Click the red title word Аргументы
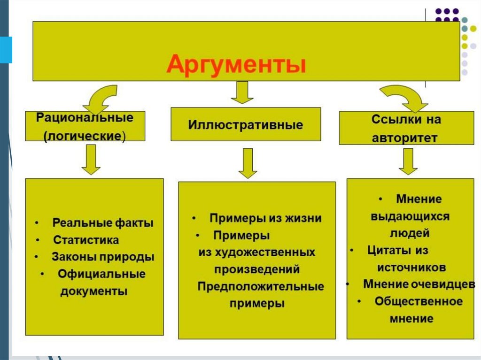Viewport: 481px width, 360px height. click(x=236, y=65)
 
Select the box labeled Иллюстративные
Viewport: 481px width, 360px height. click(x=246, y=125)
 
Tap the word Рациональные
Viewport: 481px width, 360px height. click(x=85, y=117)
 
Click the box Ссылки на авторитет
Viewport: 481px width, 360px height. click(x=406, y=128)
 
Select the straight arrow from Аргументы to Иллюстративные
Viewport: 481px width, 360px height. click(x=242, y=92)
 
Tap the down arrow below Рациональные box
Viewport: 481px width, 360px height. click(x=91, y=159)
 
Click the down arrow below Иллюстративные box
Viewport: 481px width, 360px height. click(x=248, y=163)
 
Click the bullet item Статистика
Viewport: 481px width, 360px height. click(x=86, y=240)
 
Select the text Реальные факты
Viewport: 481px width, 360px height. click(x=103, y=223)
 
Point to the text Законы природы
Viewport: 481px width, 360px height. click(x=103, y=257)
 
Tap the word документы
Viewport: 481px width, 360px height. click(x=93, y=291)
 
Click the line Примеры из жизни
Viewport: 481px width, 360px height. click(x=265, y=218)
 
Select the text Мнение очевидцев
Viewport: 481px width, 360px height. click(x=419, y=284)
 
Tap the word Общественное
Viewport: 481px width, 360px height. click(x=419, y=301)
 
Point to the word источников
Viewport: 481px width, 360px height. click(x=411, y=268)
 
